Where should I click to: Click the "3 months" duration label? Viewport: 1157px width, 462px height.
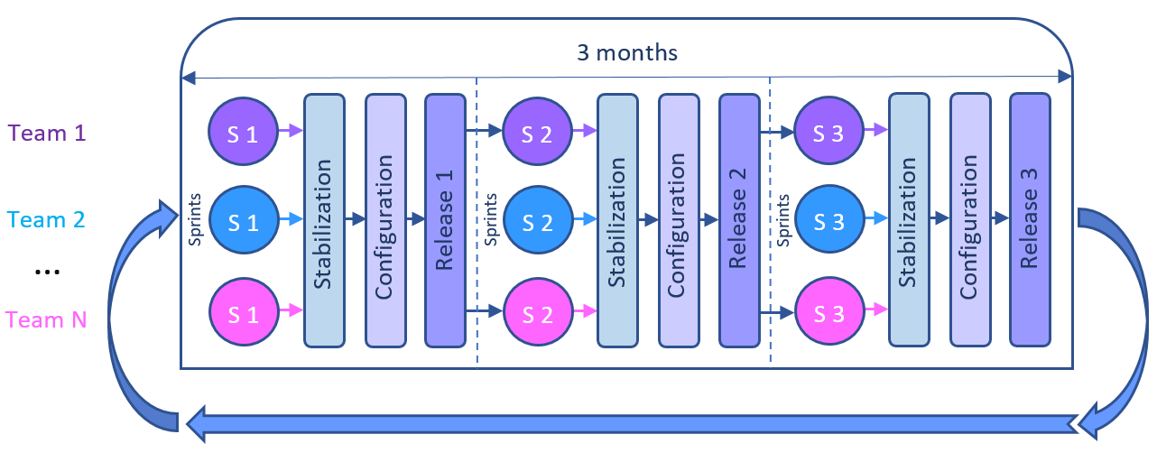point(627,52)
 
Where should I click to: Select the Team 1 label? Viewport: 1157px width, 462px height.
point(46,133)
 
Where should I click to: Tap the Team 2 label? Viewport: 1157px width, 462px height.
point(46,219)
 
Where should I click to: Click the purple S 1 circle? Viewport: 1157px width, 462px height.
point(242,132)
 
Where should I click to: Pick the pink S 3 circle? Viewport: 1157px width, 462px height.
point(828,313)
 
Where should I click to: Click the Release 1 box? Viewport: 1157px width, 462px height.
point(445,220)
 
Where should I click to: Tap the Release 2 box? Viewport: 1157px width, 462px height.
point(738,220)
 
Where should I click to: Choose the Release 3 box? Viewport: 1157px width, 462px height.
point(1030,219)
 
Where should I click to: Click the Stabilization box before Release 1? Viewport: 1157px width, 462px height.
point(324,220)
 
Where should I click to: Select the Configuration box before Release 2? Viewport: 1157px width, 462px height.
point(678,220)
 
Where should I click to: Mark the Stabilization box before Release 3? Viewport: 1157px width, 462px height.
point(909,219)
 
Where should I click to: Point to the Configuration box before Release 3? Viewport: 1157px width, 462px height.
point(970,219)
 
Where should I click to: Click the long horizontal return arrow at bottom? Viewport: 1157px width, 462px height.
point(632,422)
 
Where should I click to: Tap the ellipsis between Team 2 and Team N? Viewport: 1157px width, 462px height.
point(46,271)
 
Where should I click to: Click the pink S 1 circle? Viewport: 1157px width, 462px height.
point(242,313)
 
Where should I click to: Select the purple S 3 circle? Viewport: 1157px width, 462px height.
point(828,132)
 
